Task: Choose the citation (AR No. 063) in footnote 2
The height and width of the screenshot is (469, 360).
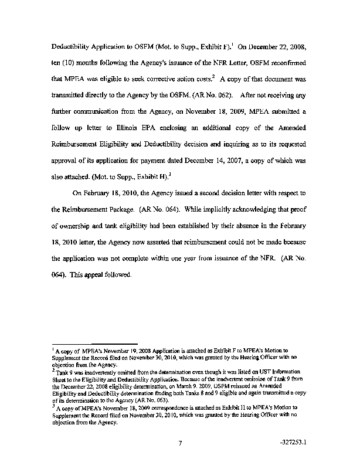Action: [x=151, y=400]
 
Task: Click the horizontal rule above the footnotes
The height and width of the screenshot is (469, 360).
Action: [x=94, y=345]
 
